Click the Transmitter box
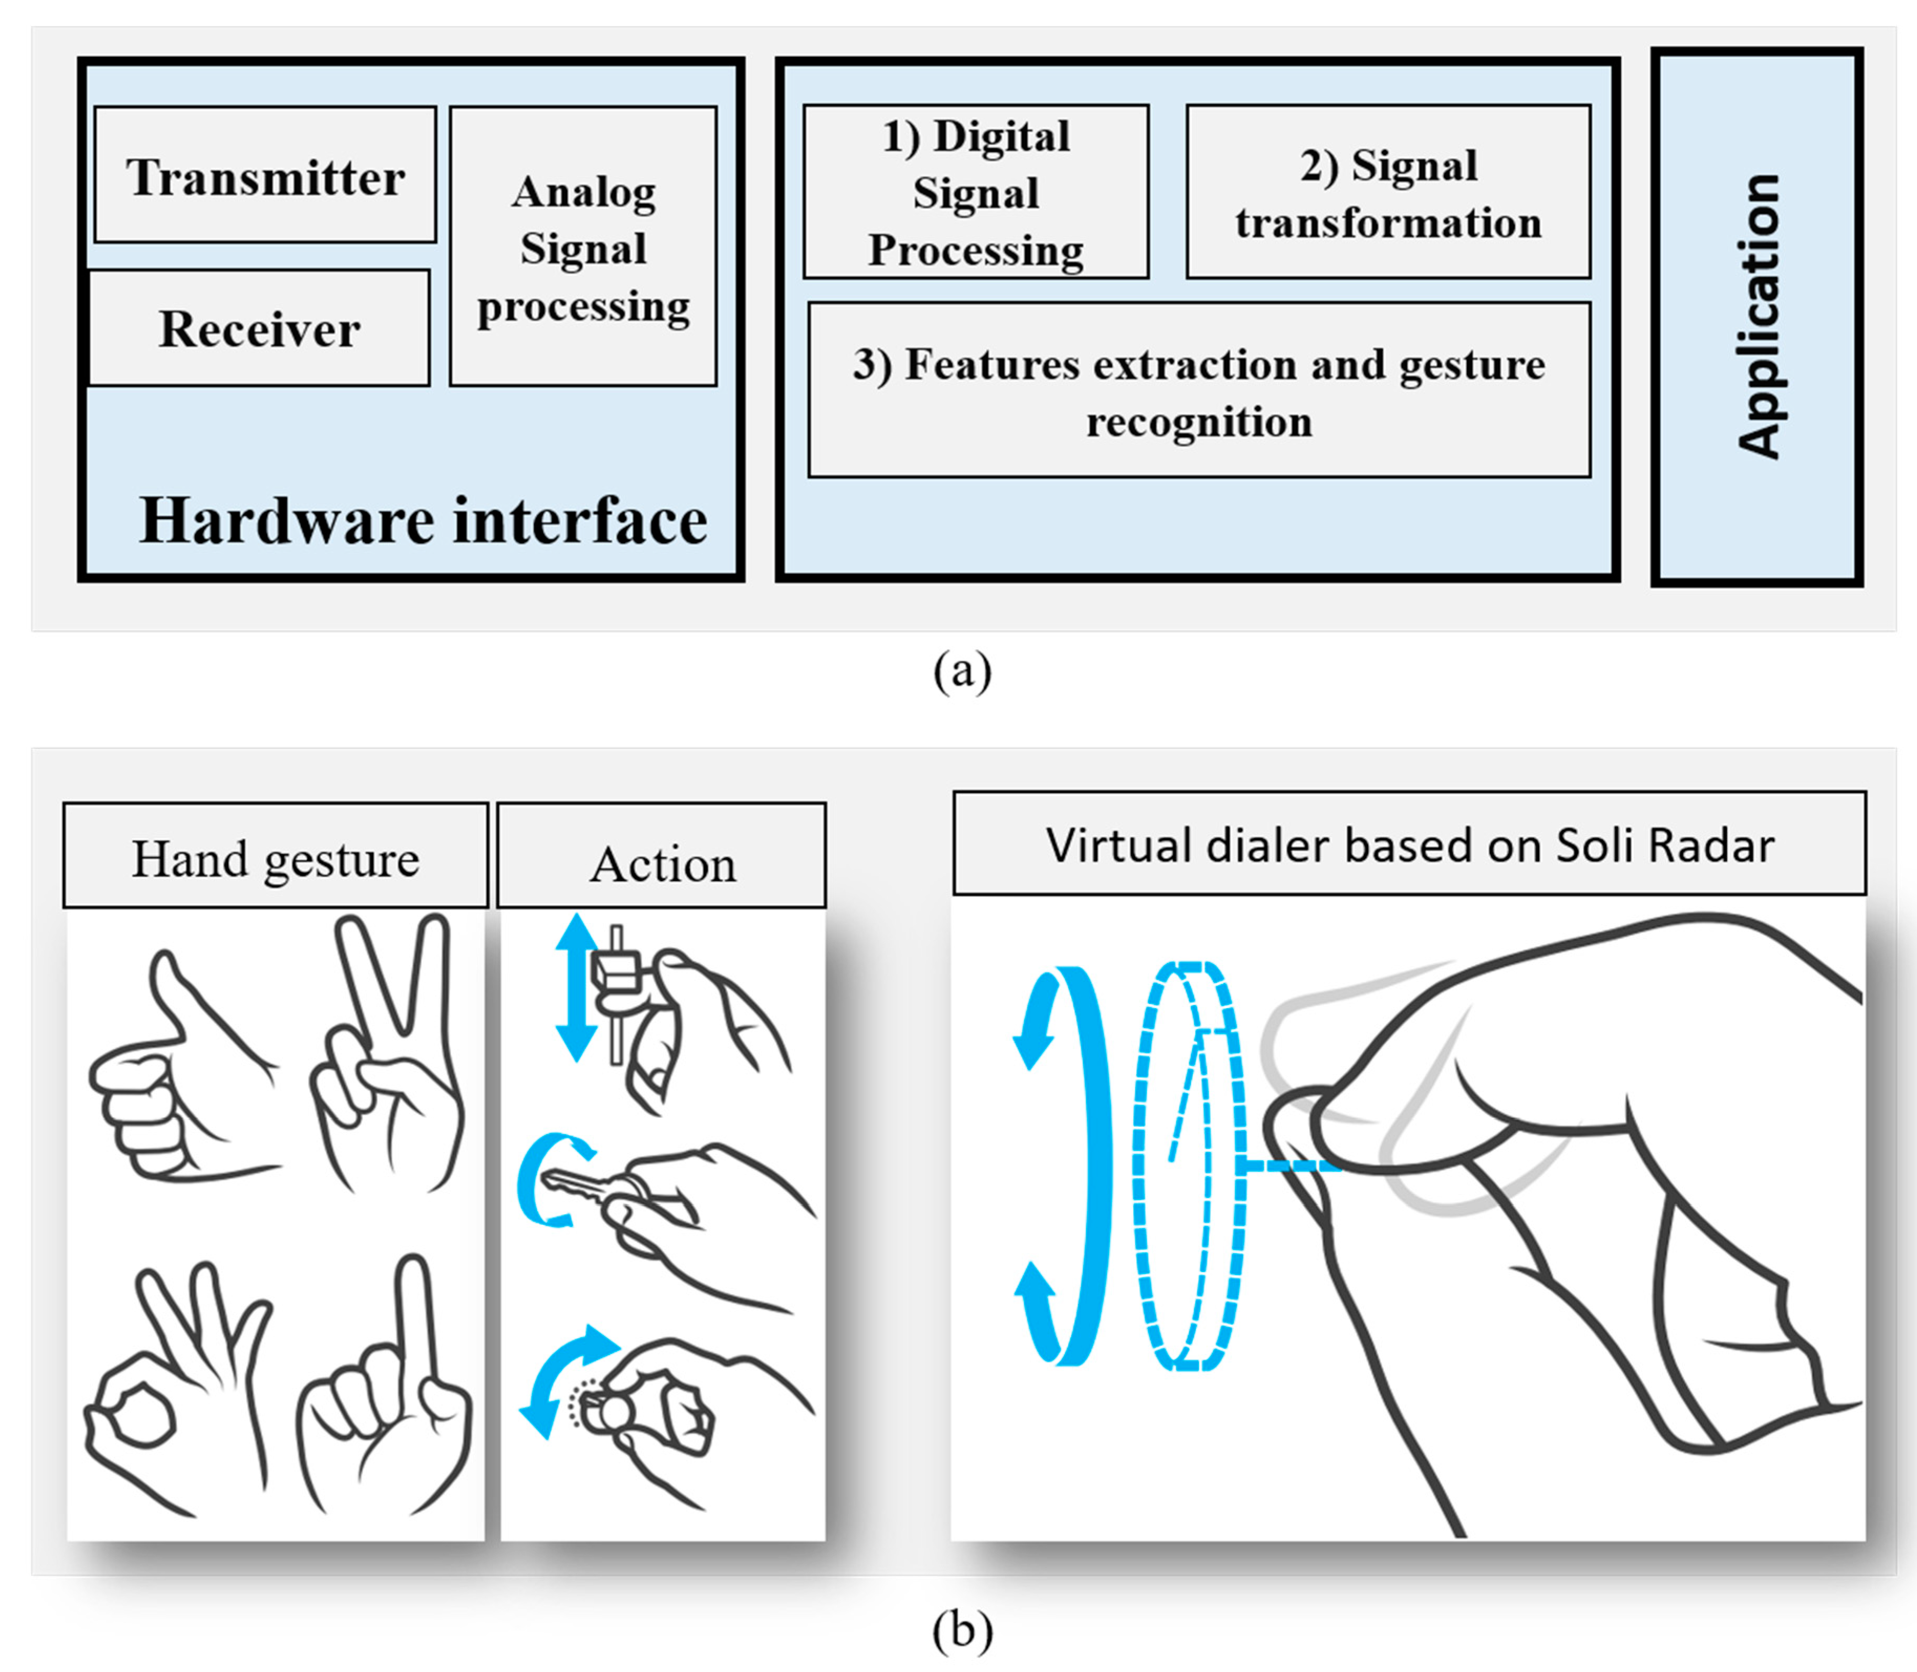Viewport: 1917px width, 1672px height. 265,175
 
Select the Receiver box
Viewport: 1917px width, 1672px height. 259,329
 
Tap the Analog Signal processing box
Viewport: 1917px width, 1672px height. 583,247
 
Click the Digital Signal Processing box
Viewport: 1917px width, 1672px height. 976,192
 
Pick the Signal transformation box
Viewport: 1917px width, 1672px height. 1388,192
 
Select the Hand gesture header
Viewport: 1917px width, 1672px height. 275,856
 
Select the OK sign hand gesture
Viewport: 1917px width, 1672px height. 177,1381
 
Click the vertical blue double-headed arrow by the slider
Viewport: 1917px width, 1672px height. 577,987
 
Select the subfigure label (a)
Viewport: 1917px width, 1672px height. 962,670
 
